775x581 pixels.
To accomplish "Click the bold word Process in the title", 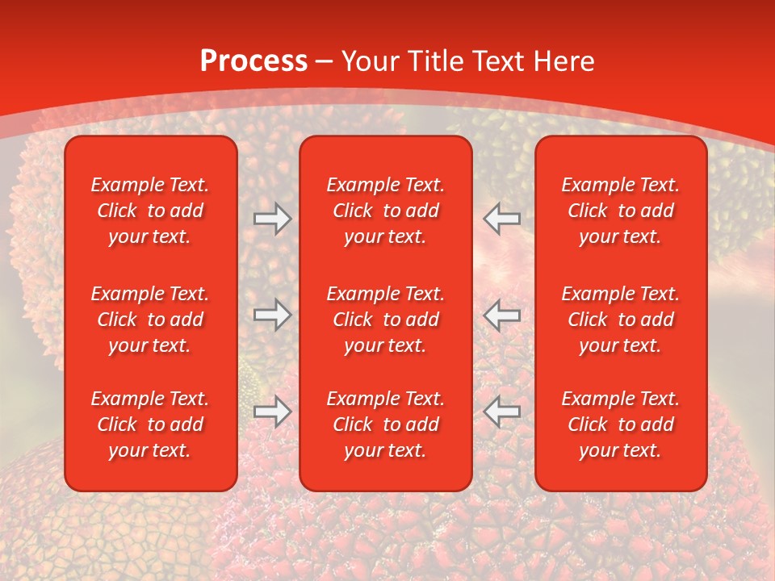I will (253, 61).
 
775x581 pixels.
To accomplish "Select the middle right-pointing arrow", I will (273, 315).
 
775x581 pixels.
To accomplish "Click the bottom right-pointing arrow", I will (273, 412).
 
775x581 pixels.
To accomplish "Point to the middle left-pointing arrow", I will (501, 315).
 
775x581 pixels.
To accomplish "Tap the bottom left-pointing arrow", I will (501, 412).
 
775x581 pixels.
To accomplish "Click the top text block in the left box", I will (150, 211).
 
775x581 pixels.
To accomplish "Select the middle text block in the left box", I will (150, 320).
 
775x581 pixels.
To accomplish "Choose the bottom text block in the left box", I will (150, 424).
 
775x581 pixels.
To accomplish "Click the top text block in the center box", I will (386, 211).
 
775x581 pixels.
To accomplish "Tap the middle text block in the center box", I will (386, 320).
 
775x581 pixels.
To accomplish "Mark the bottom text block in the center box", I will (386, 424).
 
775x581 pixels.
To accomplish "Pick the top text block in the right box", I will (621, 211).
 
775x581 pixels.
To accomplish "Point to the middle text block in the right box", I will (621, 320).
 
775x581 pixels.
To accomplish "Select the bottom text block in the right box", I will (621, 424).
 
